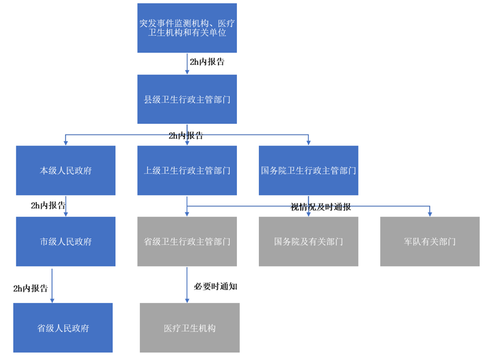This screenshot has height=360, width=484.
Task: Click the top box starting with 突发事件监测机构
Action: point(187,28)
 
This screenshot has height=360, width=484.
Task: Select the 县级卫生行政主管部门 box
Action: point(187,99)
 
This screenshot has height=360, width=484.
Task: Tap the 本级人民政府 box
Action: point(66,170)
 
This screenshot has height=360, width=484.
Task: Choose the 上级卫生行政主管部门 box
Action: point(187,170)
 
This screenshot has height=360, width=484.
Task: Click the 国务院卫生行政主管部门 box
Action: point(309,170)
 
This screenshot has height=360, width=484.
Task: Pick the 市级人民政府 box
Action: point(66,241)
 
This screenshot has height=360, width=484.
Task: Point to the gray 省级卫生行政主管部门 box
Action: point(187,241)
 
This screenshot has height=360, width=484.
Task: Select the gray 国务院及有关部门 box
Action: point(309,241)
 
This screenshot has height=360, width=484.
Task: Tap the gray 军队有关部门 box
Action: point(430,241)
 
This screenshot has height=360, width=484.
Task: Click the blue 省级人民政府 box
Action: point(63,328)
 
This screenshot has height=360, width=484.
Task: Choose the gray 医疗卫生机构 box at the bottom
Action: point(190,328)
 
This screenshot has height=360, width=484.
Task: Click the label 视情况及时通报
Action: point(321,207)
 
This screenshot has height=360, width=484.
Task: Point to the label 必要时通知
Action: point(216,286)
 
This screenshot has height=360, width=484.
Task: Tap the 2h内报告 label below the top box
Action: point(207,62)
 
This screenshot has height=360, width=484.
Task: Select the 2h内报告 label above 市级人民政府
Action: point(48,205)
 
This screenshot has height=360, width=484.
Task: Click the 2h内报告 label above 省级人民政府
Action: point(31,288)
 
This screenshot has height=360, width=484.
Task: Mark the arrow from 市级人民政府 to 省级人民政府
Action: point(52,285)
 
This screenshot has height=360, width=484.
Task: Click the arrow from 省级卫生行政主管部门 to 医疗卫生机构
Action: point(187,285)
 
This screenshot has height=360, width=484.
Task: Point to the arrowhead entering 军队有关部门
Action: point(430,214)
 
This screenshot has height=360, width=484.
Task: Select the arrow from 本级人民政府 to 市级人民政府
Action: point(66,206)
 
